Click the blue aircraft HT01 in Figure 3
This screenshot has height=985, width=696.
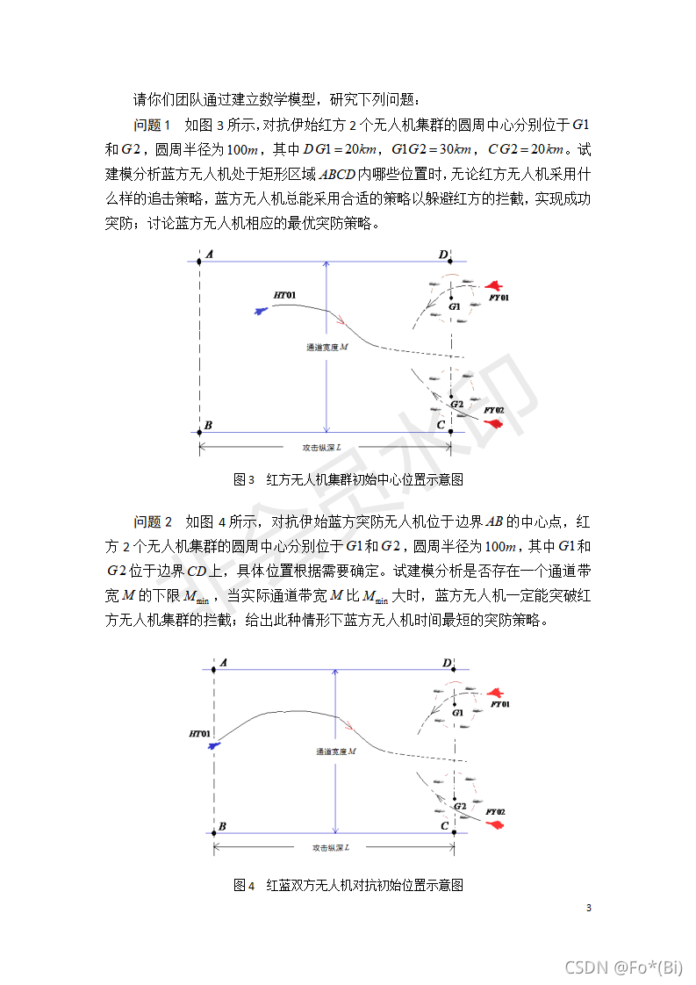tap(260, 310)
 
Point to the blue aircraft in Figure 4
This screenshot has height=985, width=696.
tap(212, 745)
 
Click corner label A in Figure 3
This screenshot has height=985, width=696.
tap(208, 255)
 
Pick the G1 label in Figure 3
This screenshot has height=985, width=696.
tap(455, 307)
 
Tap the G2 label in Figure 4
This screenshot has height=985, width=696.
tap(460, 805)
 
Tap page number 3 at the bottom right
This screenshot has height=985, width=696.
tap(589, 908)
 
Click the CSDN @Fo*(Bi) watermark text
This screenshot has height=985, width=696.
tap(623, 967)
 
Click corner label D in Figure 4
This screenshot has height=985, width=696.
tap(447, 662)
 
